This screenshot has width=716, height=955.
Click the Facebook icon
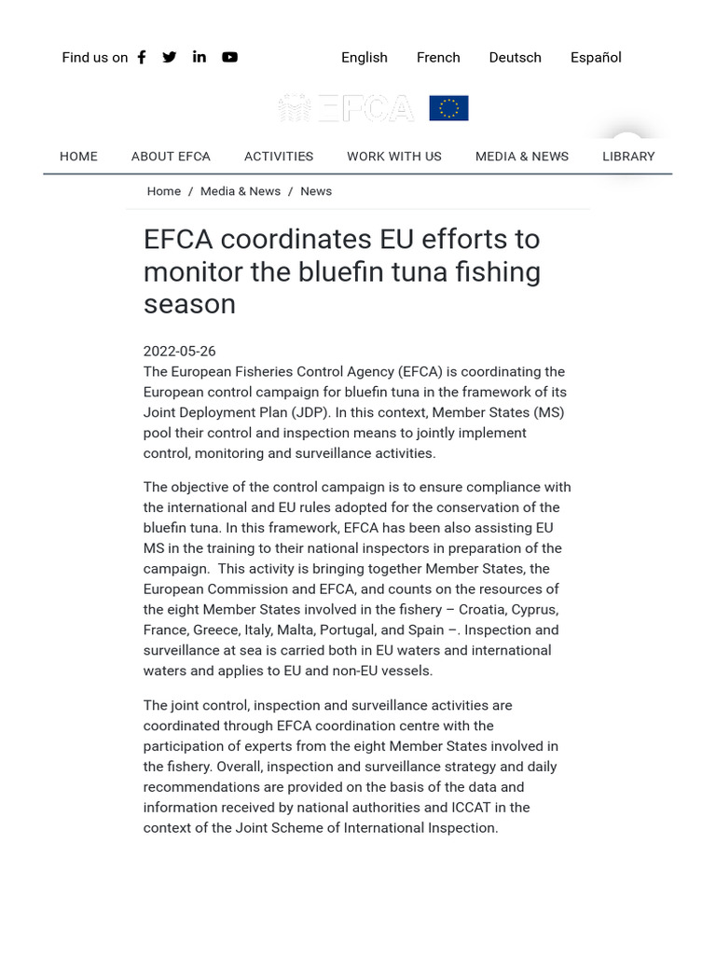pyautogui.click(x=142, y=57)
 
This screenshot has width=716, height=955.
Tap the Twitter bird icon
pyautogui.click(x=170, y=57)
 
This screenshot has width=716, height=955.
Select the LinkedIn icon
pyautogui.click(x=200, y=57)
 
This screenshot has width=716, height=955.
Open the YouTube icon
pyautogui.click(x=229, y=57)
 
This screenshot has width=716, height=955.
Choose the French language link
pyautogui.click(x=438, y=57)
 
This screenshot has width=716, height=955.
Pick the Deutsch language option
pyautogui.click(x=515, y=57)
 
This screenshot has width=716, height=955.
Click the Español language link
pyautogui.click(x=596, y=57)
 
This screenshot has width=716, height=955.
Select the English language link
pyautogui.click(x=365, y=57)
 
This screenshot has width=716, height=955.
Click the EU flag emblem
pyautogui.click(x=448, y=108)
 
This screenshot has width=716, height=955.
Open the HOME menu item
pyautogui.click(x=78, y=156)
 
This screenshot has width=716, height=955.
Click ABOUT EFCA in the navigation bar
pyautogui.click(x=171, y=156)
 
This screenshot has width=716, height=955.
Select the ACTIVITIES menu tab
pyautogui.click(x=279, y=156)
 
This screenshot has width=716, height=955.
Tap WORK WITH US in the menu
pyautogui.click(x=394, y=156)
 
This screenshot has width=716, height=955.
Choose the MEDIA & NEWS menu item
pyautogui.click(x=522, y=156)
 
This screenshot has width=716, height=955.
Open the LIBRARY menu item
pyautogui.click(x=628, y=156)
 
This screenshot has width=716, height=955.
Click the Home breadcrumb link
pyautogui.click(x=164, y=191)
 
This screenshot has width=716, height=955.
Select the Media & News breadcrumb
pyautogui.click(x=241, y=191)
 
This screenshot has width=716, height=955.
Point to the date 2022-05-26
pyautogui.click(x=179, y=352)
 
